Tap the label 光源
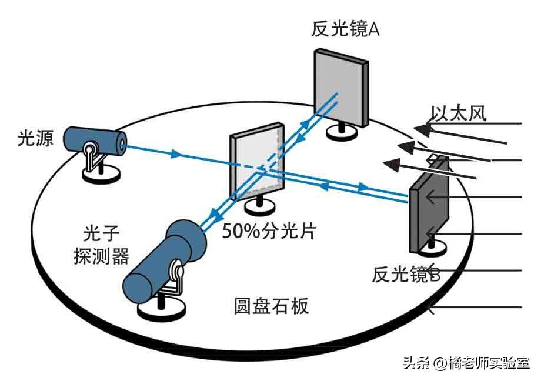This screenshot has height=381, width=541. click(x=35, y=139)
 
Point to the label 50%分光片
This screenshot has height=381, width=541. click(x=269, y=230)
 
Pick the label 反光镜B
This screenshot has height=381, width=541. click(x=406, y=274)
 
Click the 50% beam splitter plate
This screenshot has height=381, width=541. click(x=256, y=162)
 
